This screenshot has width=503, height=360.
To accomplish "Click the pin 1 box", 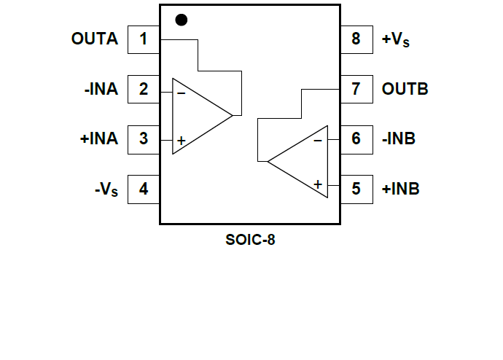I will click(144, 39).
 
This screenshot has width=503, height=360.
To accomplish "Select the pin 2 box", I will click(144, 90).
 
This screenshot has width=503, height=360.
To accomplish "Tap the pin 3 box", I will click(144, 138).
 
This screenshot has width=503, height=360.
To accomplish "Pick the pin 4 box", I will click(144, 189).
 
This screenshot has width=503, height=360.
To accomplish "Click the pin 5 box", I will click(356, 189).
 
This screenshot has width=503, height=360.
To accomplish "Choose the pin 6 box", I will click(356, 138).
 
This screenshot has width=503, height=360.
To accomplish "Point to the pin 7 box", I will click(356, 90).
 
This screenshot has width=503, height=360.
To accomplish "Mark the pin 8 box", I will click(356, 39).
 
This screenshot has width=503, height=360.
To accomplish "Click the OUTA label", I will click(94, 39).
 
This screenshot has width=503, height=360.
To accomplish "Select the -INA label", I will click(101, 90).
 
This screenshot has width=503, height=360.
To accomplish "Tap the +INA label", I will click(98, 138).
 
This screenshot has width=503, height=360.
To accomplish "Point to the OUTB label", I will click(405, 90).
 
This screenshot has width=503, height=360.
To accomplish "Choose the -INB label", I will click(399, 138).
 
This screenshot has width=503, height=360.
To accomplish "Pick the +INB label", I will click(400, 189).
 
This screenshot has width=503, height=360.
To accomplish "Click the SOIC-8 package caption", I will click(250, 240).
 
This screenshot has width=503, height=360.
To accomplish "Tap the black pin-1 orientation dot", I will click(182, 20).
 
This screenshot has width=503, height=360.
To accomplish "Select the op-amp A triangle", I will click(197, 116).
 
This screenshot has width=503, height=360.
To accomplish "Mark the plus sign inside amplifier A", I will click(181, 140).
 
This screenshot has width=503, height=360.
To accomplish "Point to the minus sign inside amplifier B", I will click(318, 141).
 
